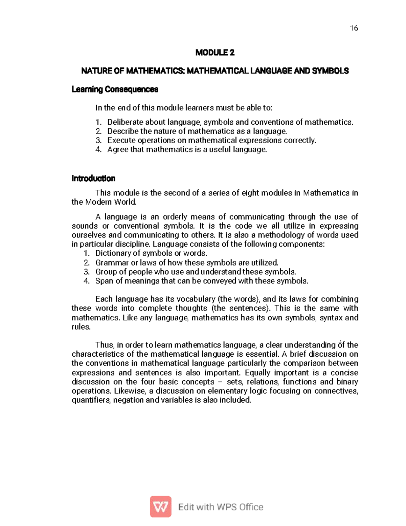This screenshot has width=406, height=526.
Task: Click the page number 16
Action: (354, 28)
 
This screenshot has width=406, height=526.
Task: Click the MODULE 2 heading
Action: (215, 52)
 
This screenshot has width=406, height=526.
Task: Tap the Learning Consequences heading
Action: (115, 89)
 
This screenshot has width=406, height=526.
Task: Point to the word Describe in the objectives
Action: (122, 131)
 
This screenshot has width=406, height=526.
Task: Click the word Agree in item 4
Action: (117, 150)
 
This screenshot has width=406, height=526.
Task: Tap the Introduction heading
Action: (93, 178)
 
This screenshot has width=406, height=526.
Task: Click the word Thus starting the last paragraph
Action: (105, 345)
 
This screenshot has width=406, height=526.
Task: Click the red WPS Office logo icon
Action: (161, 507)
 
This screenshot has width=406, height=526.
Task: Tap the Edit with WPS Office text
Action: (221, 507)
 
